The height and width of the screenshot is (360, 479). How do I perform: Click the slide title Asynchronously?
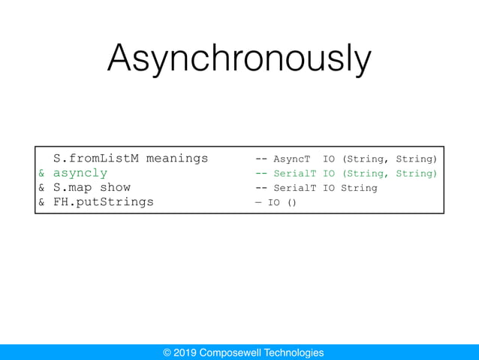tap(239, 59)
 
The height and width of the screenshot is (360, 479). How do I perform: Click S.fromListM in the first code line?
tap(96, 159)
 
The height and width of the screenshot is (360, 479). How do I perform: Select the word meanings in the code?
tap(177, 159)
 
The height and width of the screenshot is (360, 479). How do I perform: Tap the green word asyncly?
tap(80, 173)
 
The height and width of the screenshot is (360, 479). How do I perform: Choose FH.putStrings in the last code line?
tap(104, 201)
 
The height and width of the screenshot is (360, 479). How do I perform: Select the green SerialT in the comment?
tap(294, 174)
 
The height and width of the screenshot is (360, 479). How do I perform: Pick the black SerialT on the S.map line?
tap(294, 188)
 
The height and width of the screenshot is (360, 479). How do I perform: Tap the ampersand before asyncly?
tap(42, 173)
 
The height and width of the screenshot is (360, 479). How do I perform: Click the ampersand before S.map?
tap(42, 187)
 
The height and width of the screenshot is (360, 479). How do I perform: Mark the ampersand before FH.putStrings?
tap(42, 201)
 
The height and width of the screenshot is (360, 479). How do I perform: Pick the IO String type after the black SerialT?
tap(350, 188)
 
